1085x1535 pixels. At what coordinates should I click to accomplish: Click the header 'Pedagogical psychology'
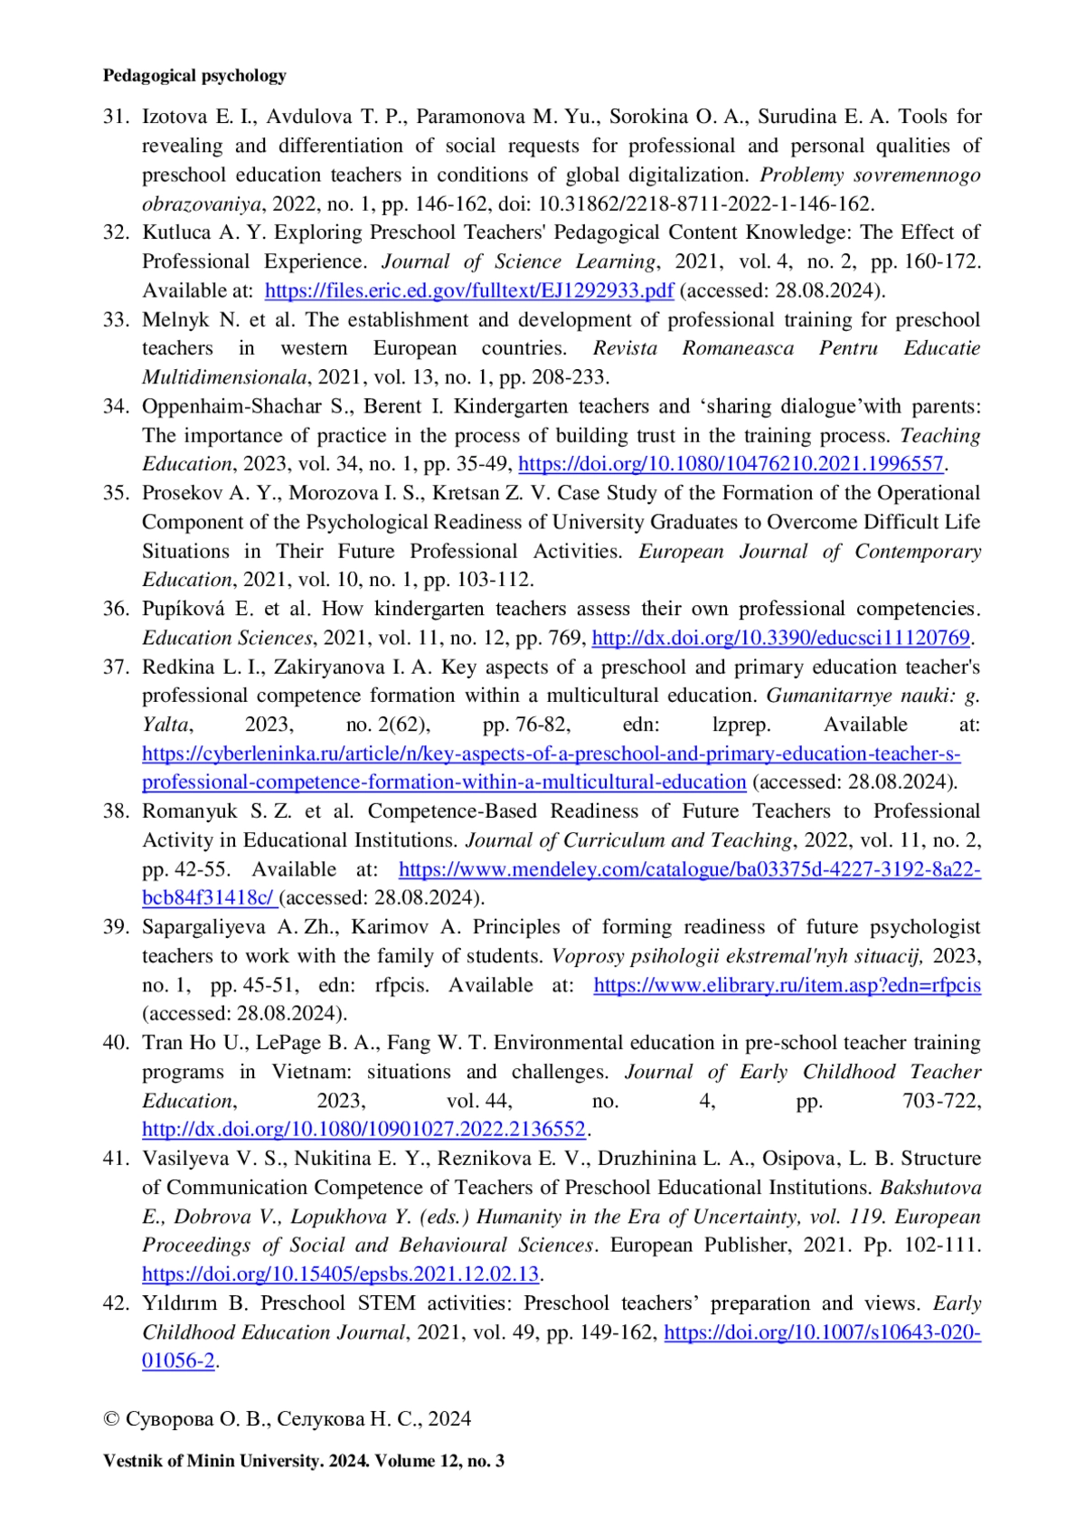pyautogui.click(x=194, y=76)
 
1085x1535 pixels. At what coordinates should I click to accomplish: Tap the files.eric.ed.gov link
pyautogui.click(x=468, y=290)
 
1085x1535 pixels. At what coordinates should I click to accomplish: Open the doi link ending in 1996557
pyautogui.click(x=731, y=464)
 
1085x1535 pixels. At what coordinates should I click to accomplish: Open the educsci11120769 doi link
pyautogui.click(x=780, y=638)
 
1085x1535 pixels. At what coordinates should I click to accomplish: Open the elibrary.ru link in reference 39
pyautogui.click(x=787, y=985)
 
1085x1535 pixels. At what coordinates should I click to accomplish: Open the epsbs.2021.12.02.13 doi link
pyautogui.click(x=340, y=1274)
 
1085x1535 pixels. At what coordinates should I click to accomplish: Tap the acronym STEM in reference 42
pyautogui.click(x=386, y=1303)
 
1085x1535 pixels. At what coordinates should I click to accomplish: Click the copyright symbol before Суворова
pyautogui.click(x=111, y=1419)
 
